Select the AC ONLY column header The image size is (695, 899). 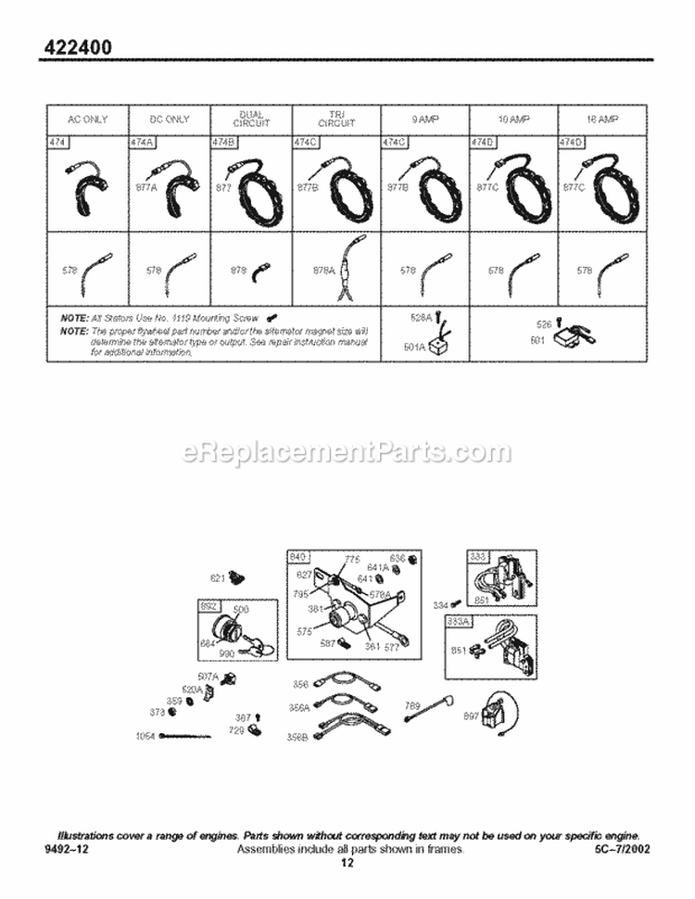87,120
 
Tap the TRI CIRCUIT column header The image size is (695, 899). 335,120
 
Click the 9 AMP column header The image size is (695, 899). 425,120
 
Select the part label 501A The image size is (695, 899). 414,348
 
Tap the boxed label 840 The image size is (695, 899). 297,556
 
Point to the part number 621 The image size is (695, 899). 218,578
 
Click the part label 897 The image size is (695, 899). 471,715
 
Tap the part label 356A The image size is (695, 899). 299,707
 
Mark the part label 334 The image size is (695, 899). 441,605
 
